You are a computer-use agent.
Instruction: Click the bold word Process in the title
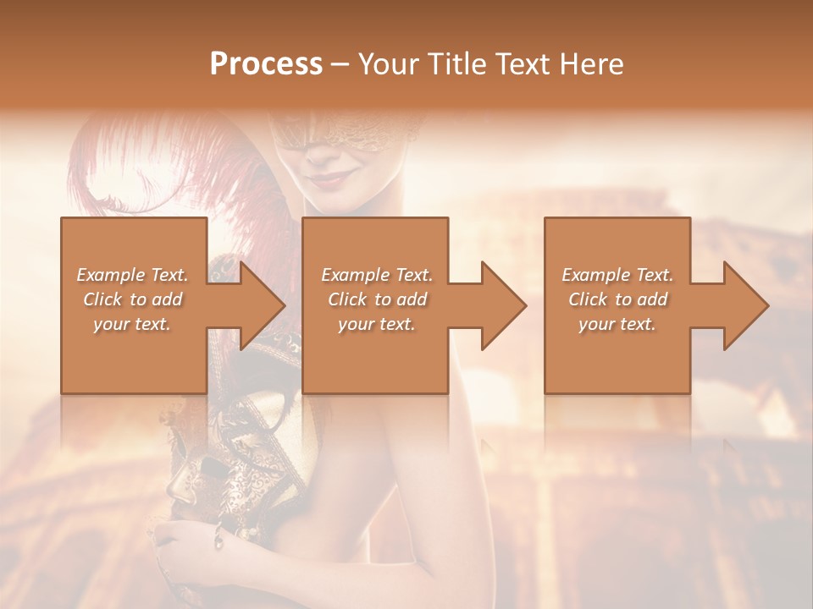(x=266, y=64)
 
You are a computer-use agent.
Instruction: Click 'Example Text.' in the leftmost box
(x=133, y=275)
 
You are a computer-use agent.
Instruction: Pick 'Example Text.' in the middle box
(x=377, y=275)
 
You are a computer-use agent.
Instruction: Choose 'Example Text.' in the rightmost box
(x=617, y=275)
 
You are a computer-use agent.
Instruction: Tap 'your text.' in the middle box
(x=377, y=324)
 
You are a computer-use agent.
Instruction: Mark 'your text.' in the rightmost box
(x=617, y=324)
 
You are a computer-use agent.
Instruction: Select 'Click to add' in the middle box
(x=377, y=299)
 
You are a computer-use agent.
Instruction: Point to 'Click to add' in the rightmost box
(x=617, y=299)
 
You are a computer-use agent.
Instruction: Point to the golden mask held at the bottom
(x=203, y=474)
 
